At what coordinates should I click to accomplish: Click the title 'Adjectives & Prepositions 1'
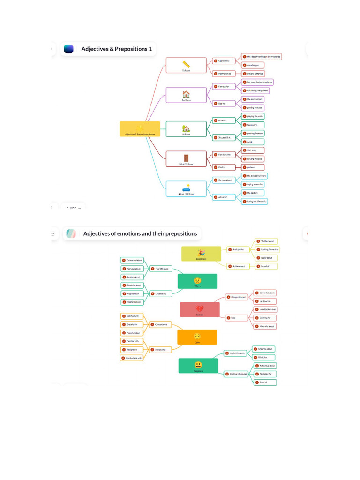pyautogui.click(x=116, y=49)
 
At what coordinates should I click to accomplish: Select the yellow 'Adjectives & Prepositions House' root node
pyautogui.click(x=140, y=129)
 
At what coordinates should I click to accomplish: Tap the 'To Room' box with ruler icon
pyautogui.click(x=186, y=66)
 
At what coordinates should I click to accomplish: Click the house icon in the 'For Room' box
pyautogui.click(x=186, y=94)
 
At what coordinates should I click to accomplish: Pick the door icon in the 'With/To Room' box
pyautogui.click(x=186, y=158)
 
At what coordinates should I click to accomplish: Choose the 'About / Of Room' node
pyautogui.click(x=186, y=189)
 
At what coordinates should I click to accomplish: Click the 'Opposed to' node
pyautogui.click(x=224, y=61)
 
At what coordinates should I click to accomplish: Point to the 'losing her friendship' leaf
pyautogui.click(x=255, y=201)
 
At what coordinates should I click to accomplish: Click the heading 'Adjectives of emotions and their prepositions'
pyautogui.click(x=140, y=233)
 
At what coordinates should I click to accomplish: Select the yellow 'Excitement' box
pyautogui.click(x=201, y=254)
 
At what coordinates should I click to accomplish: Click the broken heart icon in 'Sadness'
pyautogui.click(x=200, y=308)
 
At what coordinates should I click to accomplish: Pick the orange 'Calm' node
pyautogui.click(x=197, y=337)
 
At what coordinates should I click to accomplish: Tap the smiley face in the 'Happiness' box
pyautogui.click(x=198, y=365)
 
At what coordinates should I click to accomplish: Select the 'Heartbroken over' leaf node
pyautogui.click(x=265, y=309)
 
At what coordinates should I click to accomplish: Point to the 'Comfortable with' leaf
pyautogui.click(x=132, y=358)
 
